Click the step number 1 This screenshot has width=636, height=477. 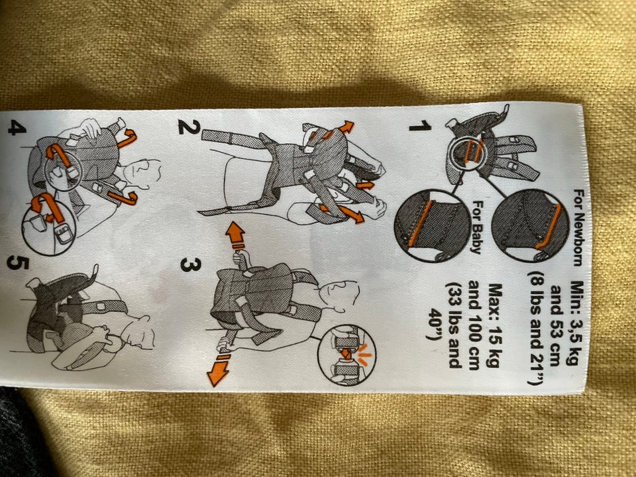pos(420,126)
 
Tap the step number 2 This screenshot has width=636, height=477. pos(189,127)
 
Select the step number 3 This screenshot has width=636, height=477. pos(190,265)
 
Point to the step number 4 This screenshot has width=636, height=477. pos(17,129)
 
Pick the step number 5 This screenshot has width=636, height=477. pos(17,264)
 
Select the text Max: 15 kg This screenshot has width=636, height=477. pos(492,325)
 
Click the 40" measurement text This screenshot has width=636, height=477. pos(435,325)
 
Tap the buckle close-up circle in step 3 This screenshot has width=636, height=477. pos(346,355)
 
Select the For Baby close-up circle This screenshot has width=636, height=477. pos(433,225)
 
